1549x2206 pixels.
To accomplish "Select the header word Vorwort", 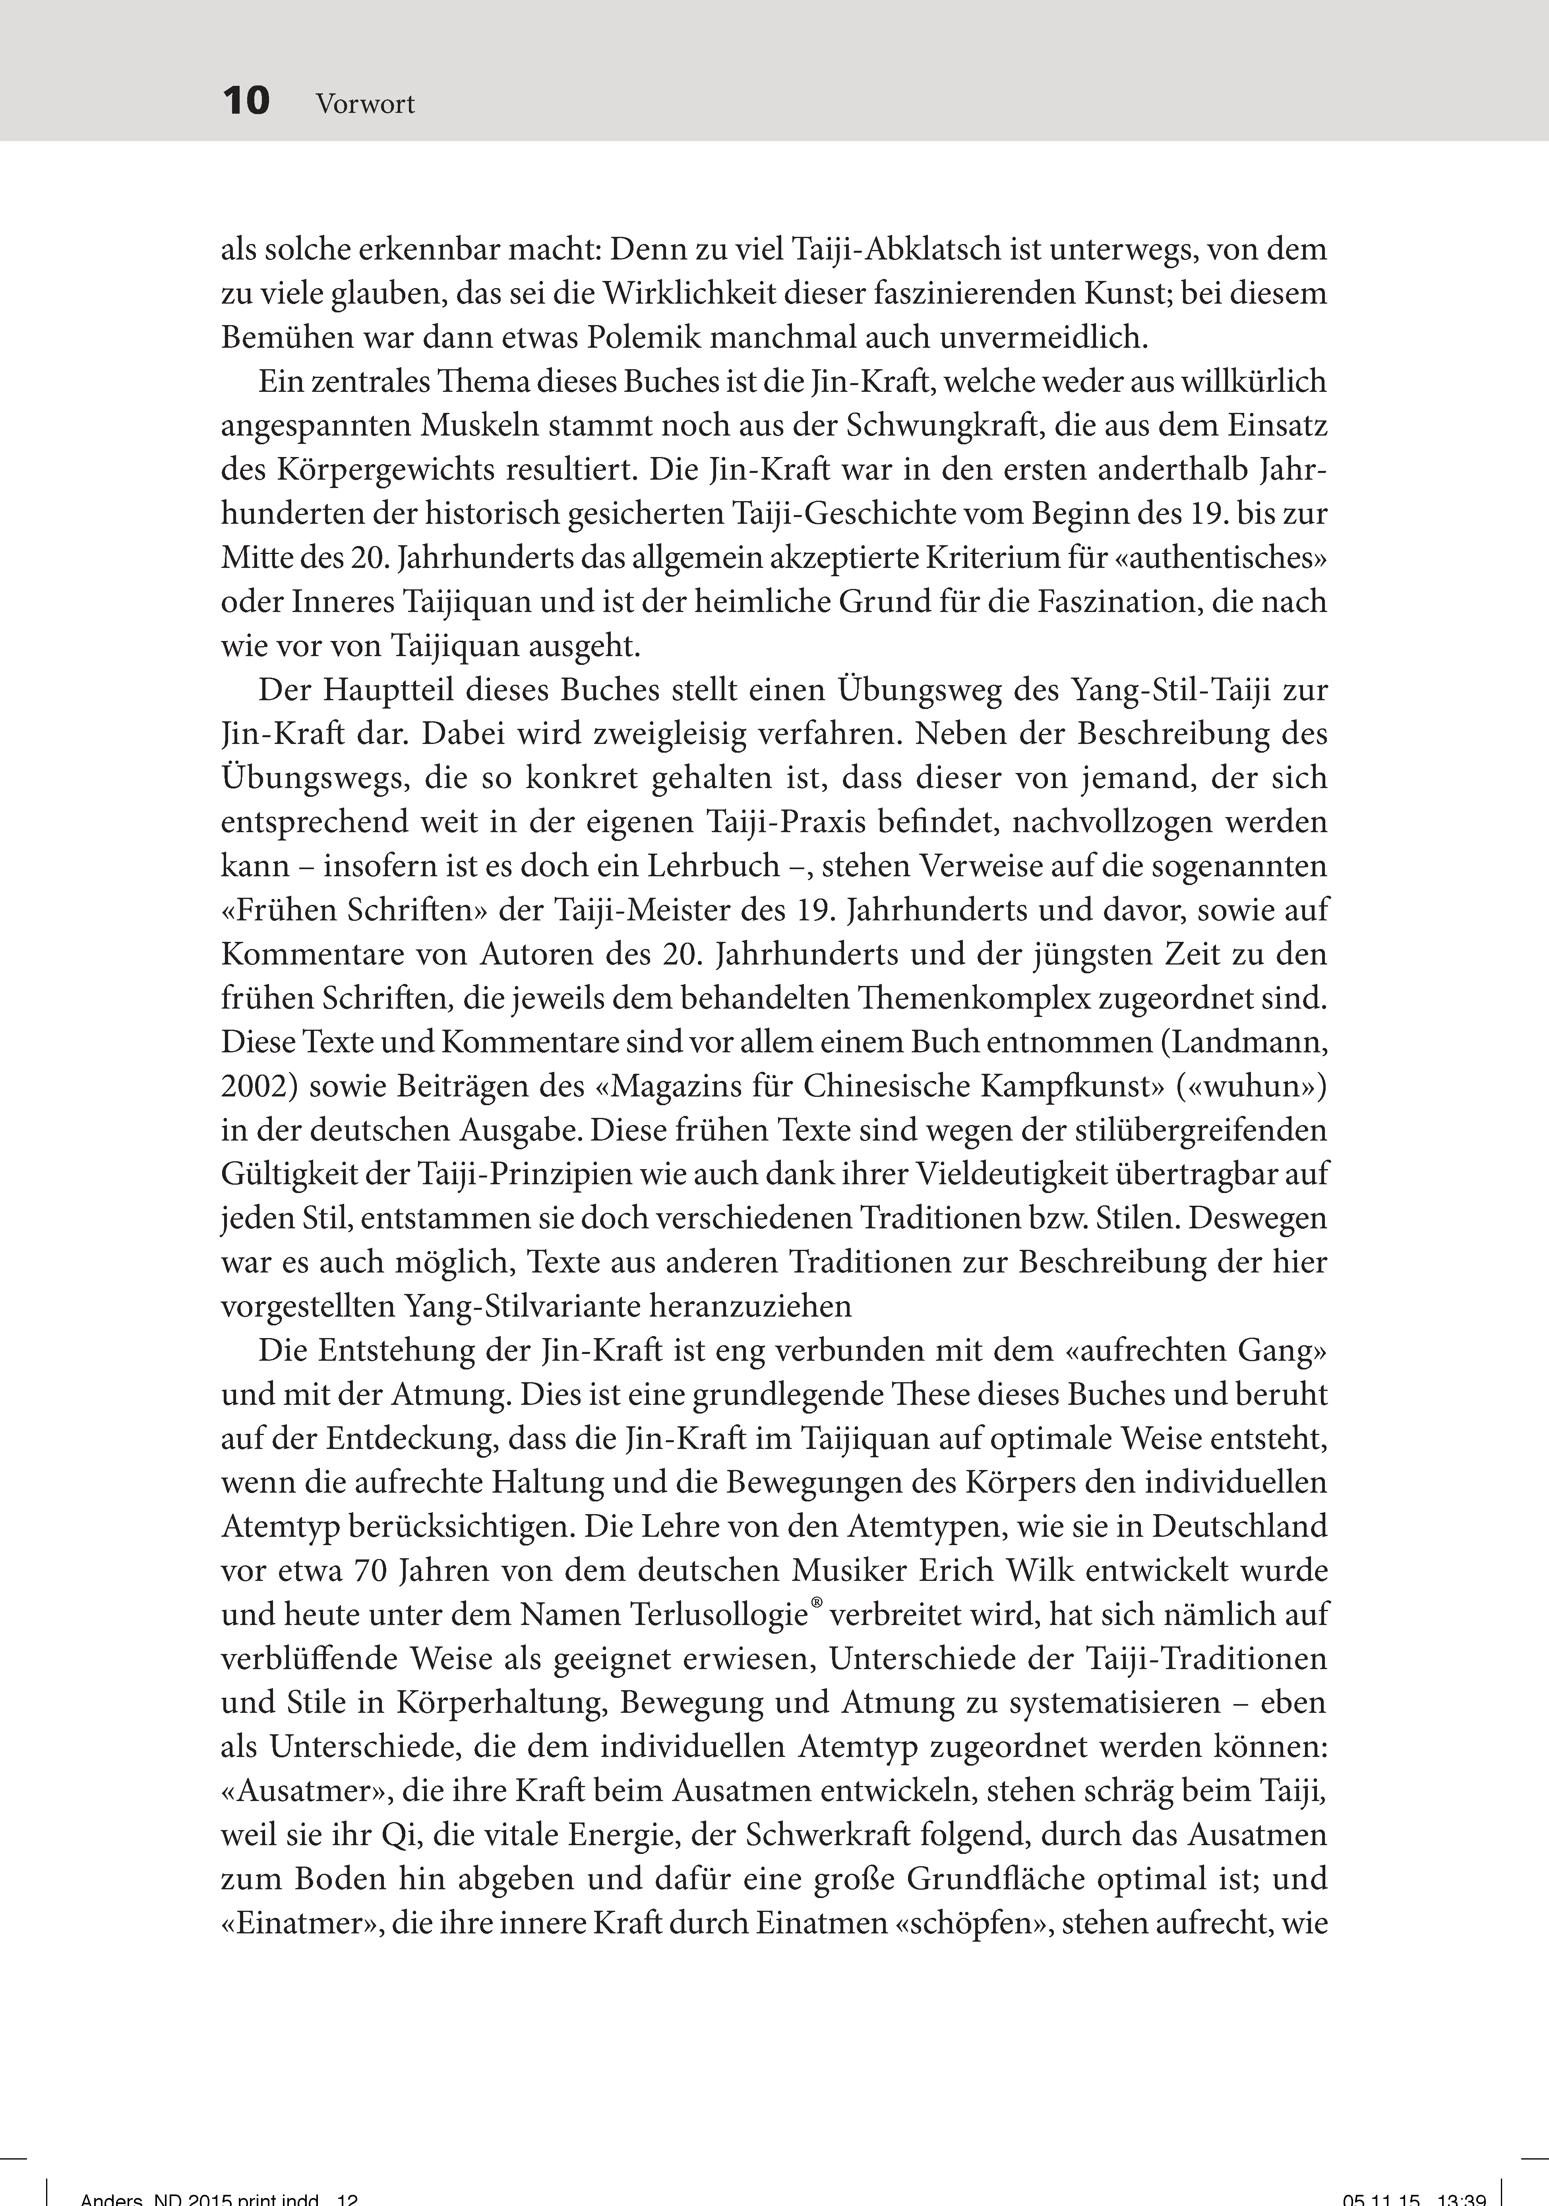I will coord(365,104).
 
